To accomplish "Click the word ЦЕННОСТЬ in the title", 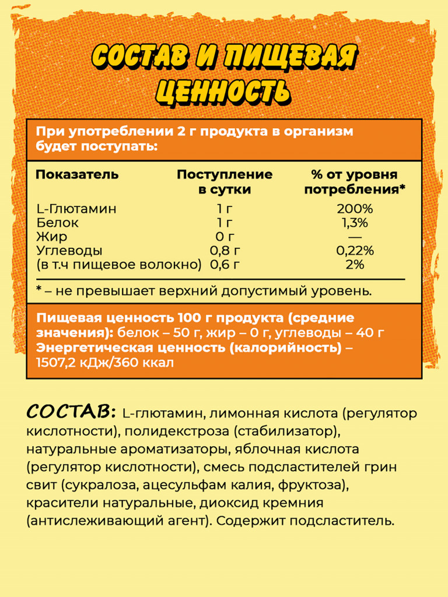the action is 223,91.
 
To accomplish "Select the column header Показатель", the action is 77,174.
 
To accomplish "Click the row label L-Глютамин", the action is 76,209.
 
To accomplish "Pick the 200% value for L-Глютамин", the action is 355,209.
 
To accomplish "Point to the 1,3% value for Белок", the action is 355,223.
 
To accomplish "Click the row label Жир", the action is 51,237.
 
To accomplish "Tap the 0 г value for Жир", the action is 225,237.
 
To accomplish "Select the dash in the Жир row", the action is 355,237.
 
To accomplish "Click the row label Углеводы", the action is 69,251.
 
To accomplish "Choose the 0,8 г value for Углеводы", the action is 225,251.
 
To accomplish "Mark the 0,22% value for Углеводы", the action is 355,251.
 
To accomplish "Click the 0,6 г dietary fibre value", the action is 225,265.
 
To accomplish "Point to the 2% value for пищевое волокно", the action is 355,265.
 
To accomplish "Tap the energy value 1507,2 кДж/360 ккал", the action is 104,362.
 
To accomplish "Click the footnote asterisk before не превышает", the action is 39,290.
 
